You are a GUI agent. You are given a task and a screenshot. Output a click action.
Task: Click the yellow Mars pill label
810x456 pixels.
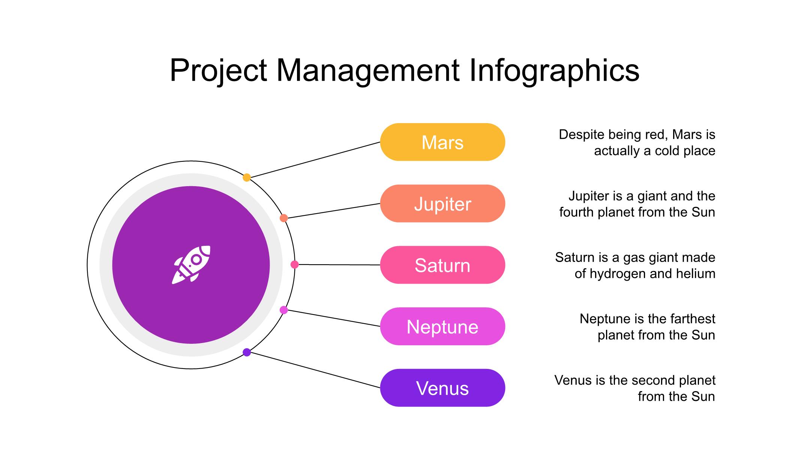click(442, 142)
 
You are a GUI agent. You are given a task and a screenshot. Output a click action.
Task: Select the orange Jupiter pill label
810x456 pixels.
click(442, 204)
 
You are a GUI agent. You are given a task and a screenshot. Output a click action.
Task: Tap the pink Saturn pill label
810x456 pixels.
click(442, 265)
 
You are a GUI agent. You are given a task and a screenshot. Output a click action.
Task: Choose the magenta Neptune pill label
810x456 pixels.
click(442, 327)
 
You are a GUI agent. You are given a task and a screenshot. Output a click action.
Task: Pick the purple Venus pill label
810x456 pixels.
click(442, 388)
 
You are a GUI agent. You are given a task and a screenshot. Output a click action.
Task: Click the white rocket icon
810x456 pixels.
click(191, 265)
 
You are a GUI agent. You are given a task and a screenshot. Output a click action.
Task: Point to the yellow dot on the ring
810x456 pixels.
click(247, 178)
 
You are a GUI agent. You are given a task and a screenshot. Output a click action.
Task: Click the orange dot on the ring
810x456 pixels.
click(284, 218)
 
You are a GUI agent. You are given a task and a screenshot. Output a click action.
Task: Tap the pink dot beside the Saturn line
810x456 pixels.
click(295, 265)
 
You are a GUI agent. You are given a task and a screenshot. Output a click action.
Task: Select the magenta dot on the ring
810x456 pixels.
click(284, 310)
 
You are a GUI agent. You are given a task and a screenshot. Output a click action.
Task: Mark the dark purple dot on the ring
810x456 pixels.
click(247, 352)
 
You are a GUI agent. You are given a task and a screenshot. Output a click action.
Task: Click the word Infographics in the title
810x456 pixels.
click(554, 71)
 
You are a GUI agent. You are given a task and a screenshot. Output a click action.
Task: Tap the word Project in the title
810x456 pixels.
click(218, 71)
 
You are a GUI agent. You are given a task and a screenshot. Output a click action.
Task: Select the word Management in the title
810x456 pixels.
click(368, 71)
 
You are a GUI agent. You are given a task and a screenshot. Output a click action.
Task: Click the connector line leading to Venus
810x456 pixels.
click(315, 370)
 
